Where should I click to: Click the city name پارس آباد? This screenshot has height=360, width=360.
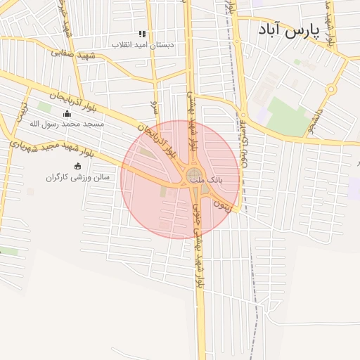[x=289, y=30]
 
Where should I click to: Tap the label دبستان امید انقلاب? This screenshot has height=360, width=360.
[x=144, y=44]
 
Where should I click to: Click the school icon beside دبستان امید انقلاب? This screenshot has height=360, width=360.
[x=142, y=34]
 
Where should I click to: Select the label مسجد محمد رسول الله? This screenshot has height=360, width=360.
[x=66, y=124]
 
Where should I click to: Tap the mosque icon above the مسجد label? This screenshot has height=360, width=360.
[x=67, y=113]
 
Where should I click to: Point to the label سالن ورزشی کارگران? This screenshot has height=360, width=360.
[x=78, y=177]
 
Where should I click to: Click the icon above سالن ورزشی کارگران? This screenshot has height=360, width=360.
[x=77, y=167]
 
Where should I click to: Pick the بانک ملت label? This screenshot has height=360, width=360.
[x=210, y=180]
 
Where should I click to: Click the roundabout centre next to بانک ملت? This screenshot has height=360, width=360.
[x=195, y=174]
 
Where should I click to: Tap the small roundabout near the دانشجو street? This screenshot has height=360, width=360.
[x=330, y=89]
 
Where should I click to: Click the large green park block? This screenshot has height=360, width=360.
[x=288, y=116]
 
